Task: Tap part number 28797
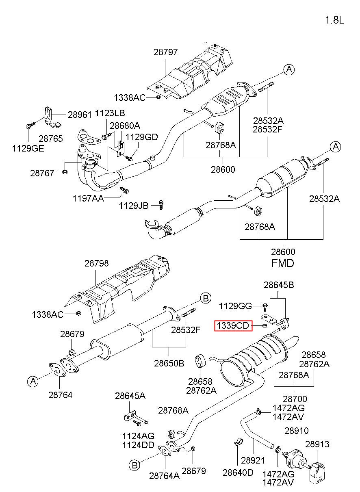pyautogui.click(x=166, y=52)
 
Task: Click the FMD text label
pyautogui.click(x=282, y=263)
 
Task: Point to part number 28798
pyautogui.click(x=97, y=264)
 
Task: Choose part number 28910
pyautogui.click(x=296, y=431)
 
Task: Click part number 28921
pyautogui.click(x=252, y=460)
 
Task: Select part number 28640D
pyautogui.click(x=238, y=472)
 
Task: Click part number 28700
pyautogui.click(x=295, y=399)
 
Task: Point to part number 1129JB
pyautogui.click(x=134, y=206)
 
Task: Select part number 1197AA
pyautogui.click(x=88, y=198)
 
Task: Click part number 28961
pyautogui.click(x=80, y=115)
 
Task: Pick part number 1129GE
pyautogui.click(x=28, y=148)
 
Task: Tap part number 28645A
pyautogui.click(x=130, y=396)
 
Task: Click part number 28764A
pyautogui.click(x=164, y=476)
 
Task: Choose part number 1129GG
pyautogui.click(x=235, y=306)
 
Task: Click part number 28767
pyautogui.click(x=42, y=173)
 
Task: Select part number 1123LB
pyautogui.click(x=110, y=113)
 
